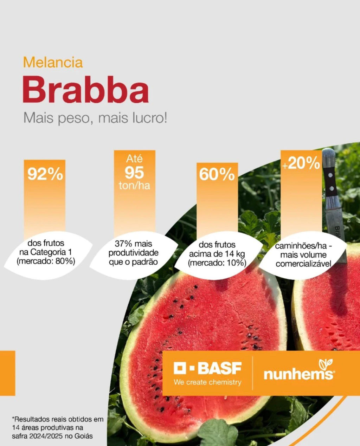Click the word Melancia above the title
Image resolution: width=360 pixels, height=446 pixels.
pyautogui.click(x=53, y=62)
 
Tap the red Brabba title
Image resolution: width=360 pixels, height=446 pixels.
pyautogui.click(x=85, y=90)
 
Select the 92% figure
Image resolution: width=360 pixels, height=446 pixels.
pyautogui.click(x=45, y=174)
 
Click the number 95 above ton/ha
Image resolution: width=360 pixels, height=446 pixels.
pyautogui.click(x=134, y=173)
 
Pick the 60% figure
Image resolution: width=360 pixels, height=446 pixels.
pyautogui.click(x=217, y=175)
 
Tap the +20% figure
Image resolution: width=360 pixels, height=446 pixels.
pyautogui.click(x=301, y=164)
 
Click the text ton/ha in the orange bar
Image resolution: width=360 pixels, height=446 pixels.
pyautogui.click(x=134, y=186)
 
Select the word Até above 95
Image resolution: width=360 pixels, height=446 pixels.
pyautogui.click(x=134, y=159)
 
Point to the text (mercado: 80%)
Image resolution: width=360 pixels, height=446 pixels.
pyautogui.click(x=46, y=261)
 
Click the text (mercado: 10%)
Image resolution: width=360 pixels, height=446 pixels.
pyautogui.click(x=217, y=263)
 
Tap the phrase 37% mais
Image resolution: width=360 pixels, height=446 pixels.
pyautogui.click(x=133, y=244)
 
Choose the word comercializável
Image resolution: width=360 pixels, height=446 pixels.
pyautogui.click(x=303, y=264)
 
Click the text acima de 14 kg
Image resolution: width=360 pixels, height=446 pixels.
pyautogui.click(x=217, y=254)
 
